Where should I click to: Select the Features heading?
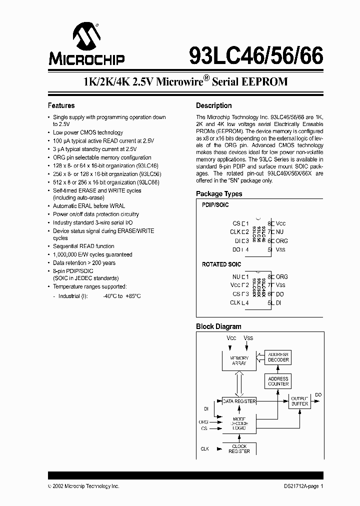(x=61, y=105)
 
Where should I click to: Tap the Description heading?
(x=213, y=105)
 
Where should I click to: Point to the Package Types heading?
(x=219, y=193)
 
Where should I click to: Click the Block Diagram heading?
(x=218, y=326)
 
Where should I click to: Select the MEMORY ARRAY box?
(x=239, y=360)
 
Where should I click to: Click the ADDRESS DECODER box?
(x=278, y=357)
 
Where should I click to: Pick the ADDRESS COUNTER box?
(x=278, y=381)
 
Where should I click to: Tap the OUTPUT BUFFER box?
(x=300, y=400)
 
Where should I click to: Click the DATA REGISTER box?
(x=239, y=401)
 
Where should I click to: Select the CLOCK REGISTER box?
(x=239, y=448)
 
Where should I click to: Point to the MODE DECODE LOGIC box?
(x=239, y=423)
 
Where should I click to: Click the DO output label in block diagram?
(x=318, y=395)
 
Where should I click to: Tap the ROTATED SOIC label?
(x=221, y=264)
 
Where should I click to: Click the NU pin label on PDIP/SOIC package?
(x=280, y=232)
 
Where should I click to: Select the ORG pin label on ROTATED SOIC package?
(x=281, y=276)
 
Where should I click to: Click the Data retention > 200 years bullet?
(x=84, y=263)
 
